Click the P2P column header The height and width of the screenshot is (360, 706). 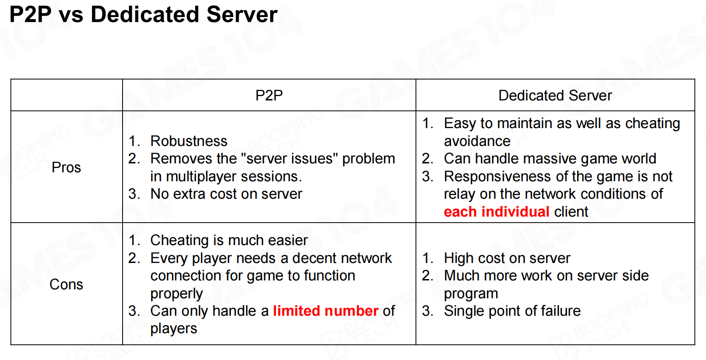tap(269, 95)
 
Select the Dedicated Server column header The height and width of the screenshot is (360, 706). tap(555, 95)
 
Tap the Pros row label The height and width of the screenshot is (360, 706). tap(66, 167)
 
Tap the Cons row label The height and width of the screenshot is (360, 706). tap(66, 284)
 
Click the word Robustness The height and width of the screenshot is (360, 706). tap(189, 141)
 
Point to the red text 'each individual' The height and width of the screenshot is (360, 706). tap(496, 211)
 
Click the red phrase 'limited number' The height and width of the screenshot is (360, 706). tap(326, 311)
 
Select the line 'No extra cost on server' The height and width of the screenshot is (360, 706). tap(226, 194)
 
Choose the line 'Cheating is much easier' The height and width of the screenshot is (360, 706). tap(229, 240)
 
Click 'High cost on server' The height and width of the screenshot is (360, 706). tap(507, 258)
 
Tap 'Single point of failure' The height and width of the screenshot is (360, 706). tap(512, 311)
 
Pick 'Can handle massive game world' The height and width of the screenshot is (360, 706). tap(550, 159)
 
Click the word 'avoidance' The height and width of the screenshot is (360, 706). tap(477, 141)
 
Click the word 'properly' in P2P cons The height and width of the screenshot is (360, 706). tap(177, 294)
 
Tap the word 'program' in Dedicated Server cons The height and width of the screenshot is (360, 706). tap(471, 294)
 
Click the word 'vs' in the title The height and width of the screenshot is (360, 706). tap(71, 15)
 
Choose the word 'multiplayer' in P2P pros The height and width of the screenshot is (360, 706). tap(201, 177)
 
